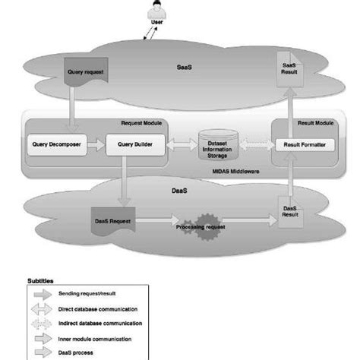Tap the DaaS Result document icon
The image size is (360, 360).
290,213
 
